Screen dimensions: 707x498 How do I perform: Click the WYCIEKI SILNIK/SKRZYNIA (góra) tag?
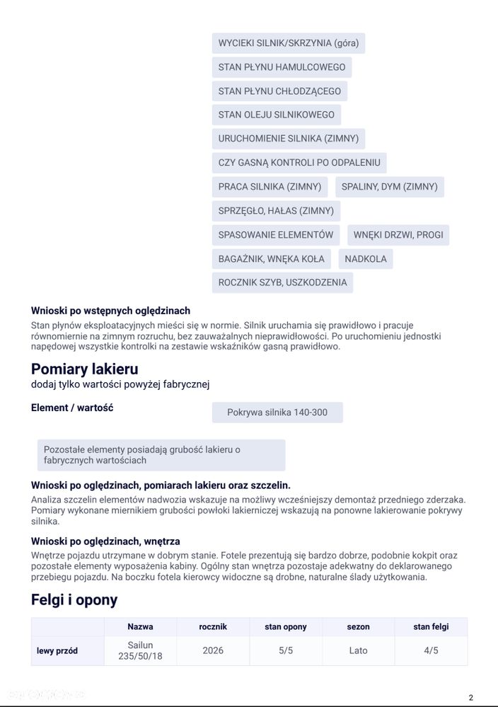[288, 43]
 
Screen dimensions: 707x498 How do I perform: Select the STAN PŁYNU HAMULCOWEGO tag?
[282, 67]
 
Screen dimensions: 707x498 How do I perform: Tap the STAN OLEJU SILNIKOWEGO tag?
[276, 115]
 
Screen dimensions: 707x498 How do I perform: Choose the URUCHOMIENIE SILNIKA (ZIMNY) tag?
[288, 139]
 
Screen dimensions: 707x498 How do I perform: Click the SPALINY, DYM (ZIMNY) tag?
[389, 187]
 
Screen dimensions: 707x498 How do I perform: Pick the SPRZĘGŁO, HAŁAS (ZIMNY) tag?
[276, 211]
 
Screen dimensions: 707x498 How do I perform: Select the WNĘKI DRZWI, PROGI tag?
[398, 235]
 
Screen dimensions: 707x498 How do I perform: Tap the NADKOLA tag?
[365, 259]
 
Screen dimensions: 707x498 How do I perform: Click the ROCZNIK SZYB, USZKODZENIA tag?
[282, 282]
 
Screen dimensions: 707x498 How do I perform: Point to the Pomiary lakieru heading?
[84, 369]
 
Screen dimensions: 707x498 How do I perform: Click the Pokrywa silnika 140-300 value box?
[277, 413]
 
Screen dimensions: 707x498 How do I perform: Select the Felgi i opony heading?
[74, 600]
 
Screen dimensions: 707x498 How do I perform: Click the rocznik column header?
[213, 626]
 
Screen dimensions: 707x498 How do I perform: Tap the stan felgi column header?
[431, 626]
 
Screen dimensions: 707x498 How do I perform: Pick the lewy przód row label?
[57, 650]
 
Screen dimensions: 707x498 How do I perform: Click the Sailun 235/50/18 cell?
[140, 650]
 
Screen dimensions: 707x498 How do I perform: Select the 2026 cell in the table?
[213, 650]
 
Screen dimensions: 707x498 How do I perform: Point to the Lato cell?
[358, 650]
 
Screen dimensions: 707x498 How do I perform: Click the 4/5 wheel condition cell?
[431, 650]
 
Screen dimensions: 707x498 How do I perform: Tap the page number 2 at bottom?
[470, 697]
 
